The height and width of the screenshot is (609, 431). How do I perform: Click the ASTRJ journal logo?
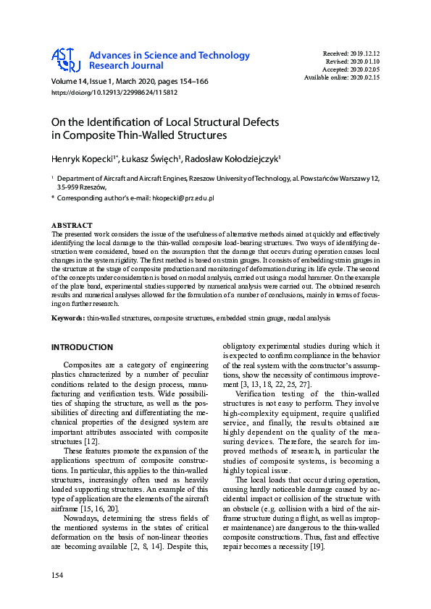click(66, 61)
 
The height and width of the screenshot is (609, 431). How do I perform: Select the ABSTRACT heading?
click(72, 226)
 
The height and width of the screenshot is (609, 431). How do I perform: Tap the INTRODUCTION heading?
click(82, 347)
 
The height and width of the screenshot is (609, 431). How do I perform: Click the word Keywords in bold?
click(68, 318)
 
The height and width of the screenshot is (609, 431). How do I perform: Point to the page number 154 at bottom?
click(57, 575)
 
